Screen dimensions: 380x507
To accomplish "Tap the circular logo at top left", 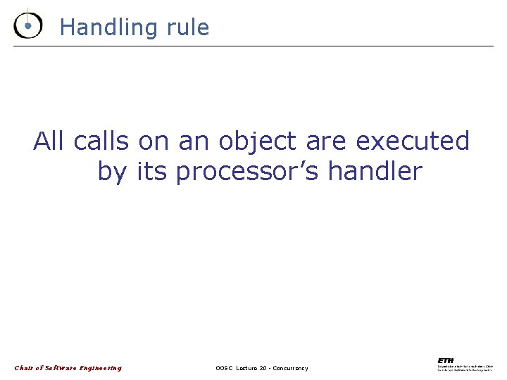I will (x=27, y=25).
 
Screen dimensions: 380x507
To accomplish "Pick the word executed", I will (x=413, y=141).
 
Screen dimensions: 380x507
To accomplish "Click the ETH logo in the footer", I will (x=446, y=360).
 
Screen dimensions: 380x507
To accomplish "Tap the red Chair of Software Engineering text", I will (x=68, y=368).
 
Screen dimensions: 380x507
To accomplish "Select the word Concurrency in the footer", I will (x=289, y=369).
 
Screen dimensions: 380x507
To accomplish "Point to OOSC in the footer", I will (x=225, y=369).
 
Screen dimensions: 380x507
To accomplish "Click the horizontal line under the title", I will (x=254, y=46).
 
